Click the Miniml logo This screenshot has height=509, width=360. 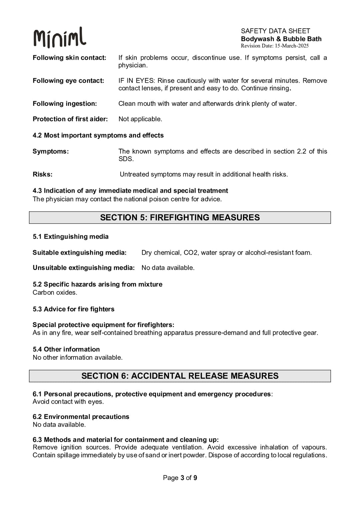pyautogui.click(x=60, y=37)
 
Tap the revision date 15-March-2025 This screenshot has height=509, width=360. pyautogui.click(x=292, y=46)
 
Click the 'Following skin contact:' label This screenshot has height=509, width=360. pyautogui.click(x=69, y=58)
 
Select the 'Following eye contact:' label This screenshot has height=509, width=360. pyautogui.click(x=68, y=81)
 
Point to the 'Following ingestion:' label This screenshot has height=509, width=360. pyautogui.click(x=65, y=104)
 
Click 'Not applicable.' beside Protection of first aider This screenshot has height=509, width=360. pyautogui.click(x=140, y=119)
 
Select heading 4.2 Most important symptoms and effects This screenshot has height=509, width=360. pyautogui.click(x=98, y=135)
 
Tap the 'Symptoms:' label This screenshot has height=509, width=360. pyautogui.click(x=51, y=151)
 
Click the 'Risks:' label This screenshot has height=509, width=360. pyautogui.click(x=42, y=174)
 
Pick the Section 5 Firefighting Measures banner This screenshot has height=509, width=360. pyautogui.click(x=180, y=218)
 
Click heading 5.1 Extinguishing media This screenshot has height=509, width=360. pyautogui.click(x=71, y=237)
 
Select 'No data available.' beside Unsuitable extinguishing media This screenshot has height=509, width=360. pyautogui.click(x=168, y=268)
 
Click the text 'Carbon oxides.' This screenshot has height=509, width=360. pyautogui.click(x=55, y=293)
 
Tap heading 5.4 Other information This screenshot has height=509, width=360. pyautogui.click(x=66, y=349)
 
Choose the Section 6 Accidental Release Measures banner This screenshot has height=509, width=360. pyautogui.click(x=180, y=376)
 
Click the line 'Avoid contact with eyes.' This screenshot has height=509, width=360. pyautogui.click(x=68, y=402)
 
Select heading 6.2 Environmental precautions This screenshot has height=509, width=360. pyautogui.click(x=81, y=417)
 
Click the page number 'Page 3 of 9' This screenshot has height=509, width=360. pyautogui.click(x=180, y=478)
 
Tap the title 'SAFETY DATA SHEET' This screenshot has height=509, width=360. pyautogui.click(x=275, y=31)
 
